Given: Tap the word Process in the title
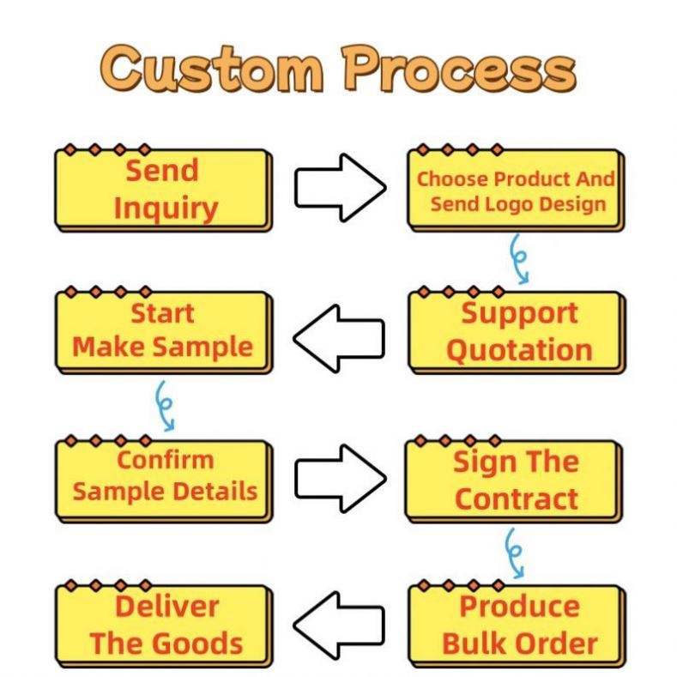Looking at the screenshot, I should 454,68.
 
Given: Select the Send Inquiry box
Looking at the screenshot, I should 164,190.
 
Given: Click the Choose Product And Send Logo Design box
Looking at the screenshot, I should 516,190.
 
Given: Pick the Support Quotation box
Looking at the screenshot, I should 517,331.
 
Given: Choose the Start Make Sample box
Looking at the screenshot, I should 163,331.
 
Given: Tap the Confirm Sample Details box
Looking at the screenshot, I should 164,477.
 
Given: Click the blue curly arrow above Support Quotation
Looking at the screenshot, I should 518,258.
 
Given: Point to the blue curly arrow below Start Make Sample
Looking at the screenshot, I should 164,405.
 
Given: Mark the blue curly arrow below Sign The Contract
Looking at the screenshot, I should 515,552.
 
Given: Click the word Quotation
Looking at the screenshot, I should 519,350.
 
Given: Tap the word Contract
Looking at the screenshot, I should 516,499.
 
